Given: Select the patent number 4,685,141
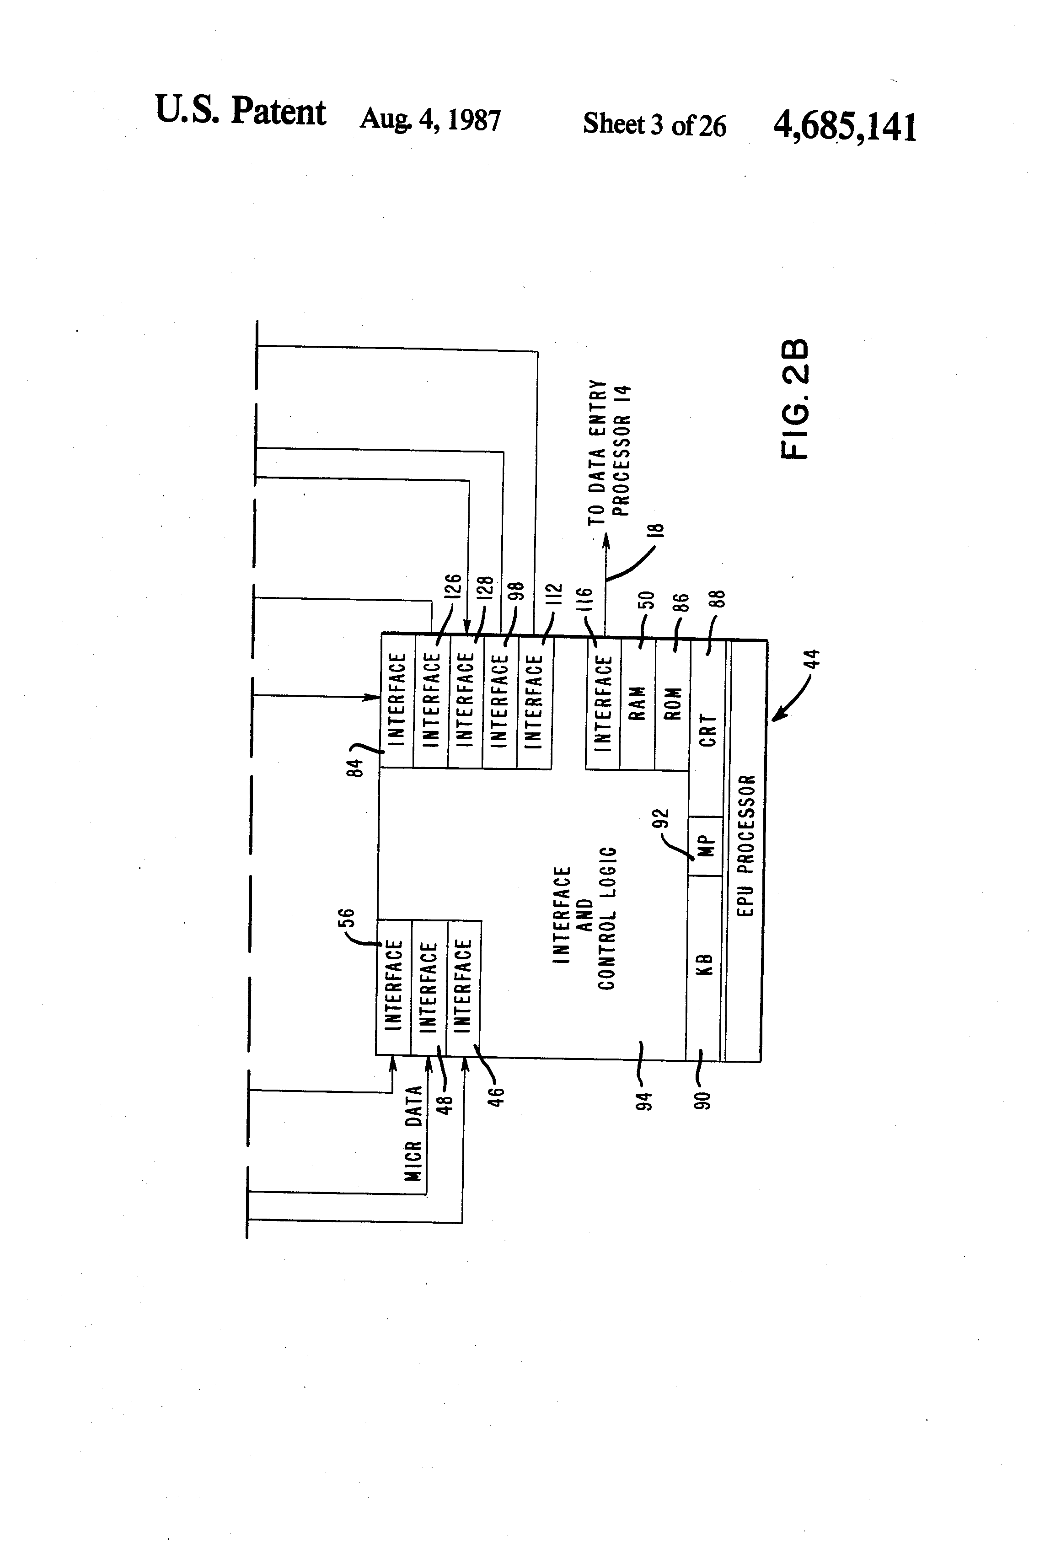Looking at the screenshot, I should (x=844, y=126).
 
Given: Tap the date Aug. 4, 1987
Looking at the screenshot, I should (x=430, y=120).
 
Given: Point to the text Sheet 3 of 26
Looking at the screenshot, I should (x=654, y=125).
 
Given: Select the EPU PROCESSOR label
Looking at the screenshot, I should (x=746, y=845).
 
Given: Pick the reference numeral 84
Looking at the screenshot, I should (x=358, y=767).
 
